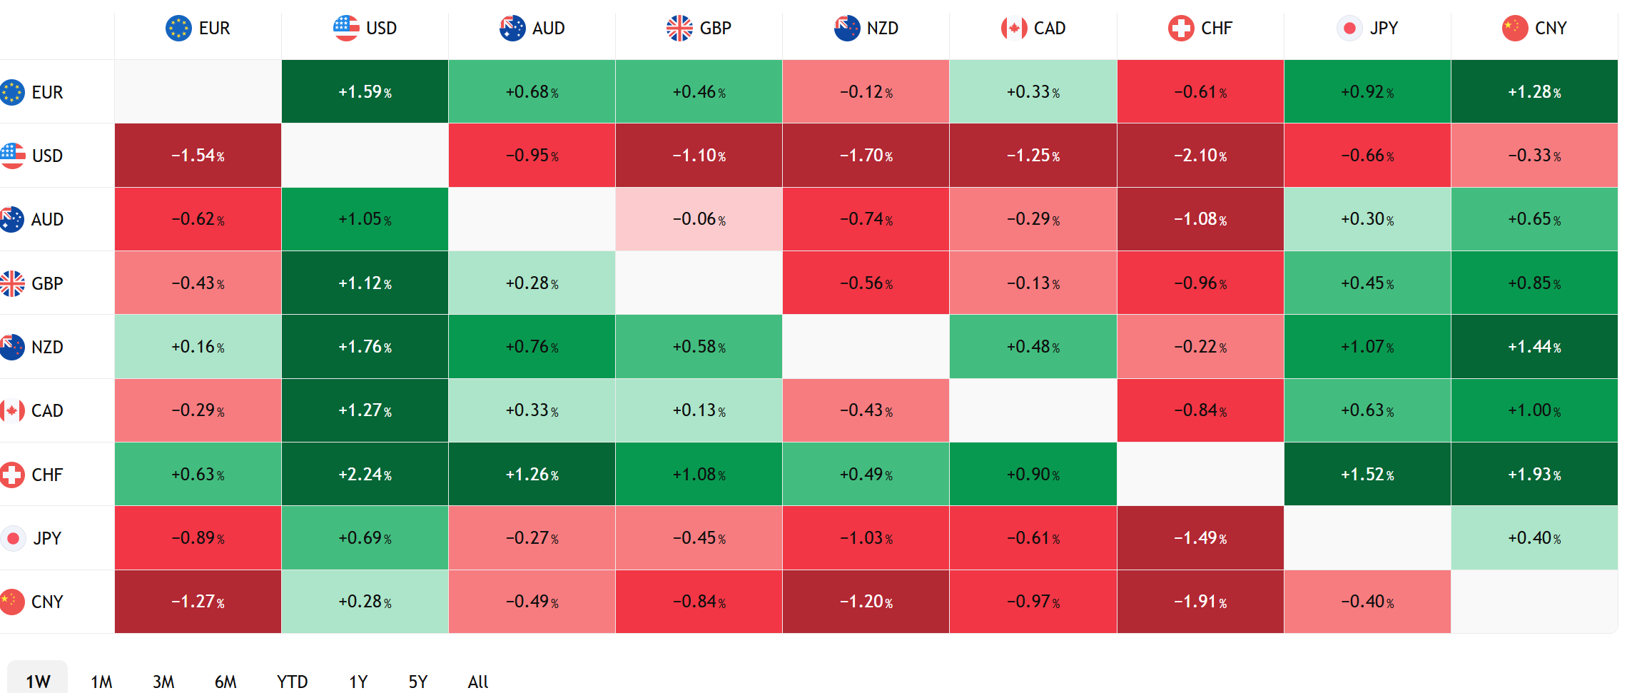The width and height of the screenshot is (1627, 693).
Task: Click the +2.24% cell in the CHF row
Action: pyautogui.click(x=365, y=475)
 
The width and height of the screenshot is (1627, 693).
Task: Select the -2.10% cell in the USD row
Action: pyautogui.click(x=1200, y=156)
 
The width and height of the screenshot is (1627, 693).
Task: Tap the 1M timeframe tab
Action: pyautogui.click(x=101, y=682)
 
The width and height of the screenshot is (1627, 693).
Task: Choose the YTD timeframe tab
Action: pyautogui.click(x=293, y=682)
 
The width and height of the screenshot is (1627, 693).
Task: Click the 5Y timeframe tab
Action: pyautogui.click(x=418, y=682)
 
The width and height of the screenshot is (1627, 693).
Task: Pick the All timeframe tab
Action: pyautogui.click(x=478, y=682)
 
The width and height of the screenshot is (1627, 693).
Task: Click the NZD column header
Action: pyautogui.click(x=866, y=29)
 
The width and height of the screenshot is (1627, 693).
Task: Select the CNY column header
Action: pyautogui.click(x=1534, y=29)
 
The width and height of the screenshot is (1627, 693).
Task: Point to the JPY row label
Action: pyautogui.click(x=32, y=538)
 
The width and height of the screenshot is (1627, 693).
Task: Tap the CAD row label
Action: pyautogui.click(x=32, y=410)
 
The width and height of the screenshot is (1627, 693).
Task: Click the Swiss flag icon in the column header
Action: pyautogui.click(x=1181, y=29)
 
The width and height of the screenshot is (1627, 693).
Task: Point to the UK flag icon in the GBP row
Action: pyautogui.click(x=11, y=283)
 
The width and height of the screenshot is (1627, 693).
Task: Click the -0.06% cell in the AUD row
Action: pyautogui.click(x=699, y=219)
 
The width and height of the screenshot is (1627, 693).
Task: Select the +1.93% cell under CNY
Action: pyautogui.click(x=1534, y=475)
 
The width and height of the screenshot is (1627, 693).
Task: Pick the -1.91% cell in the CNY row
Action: pyautogui.click(x=1200, y=602)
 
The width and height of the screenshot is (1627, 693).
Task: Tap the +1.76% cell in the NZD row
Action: pyautogui.click(x=365, y=347)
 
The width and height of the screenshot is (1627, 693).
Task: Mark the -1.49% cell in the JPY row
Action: pyautogui.click(x=1200, y=538)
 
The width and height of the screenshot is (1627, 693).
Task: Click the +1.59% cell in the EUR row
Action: pyautogui.click(x=365, y=92)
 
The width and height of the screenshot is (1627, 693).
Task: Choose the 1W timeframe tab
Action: pyautogui.click(x=38, y=682)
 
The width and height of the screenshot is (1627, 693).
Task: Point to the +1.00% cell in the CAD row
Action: pyautogui.click(x=1534, y=410)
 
